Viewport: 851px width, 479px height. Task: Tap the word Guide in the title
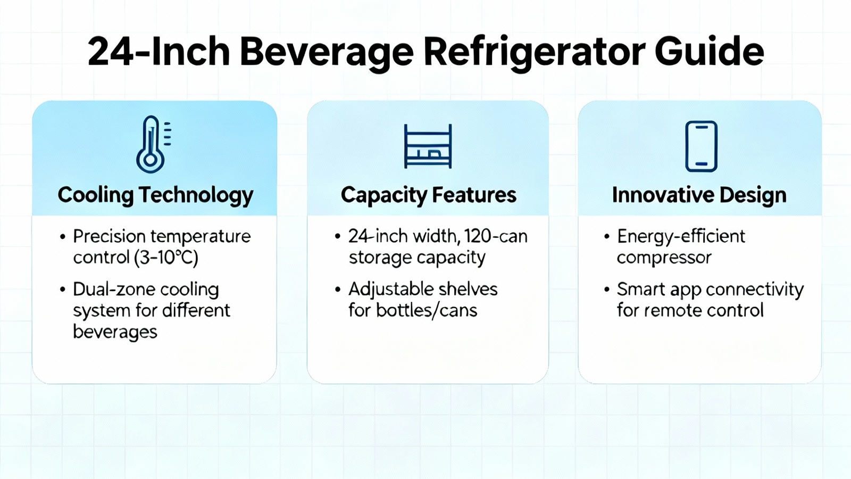[x=710, y=51]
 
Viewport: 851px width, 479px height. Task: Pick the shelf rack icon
[x=428, y=146]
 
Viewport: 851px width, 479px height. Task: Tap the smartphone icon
[x=702, y=146]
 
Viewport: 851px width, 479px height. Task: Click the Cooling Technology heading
[x=155, y=195]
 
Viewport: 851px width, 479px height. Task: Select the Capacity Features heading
[x=429, y=195]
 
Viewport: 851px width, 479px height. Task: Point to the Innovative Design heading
[x=699, y=195]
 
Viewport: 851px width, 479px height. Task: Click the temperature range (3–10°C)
[x=166, y=258]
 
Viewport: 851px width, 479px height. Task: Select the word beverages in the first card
[x=115, y=332]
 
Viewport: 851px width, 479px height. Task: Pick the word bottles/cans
[x=427, y=311]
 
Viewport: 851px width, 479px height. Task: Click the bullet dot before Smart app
[x=607, y=290]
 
